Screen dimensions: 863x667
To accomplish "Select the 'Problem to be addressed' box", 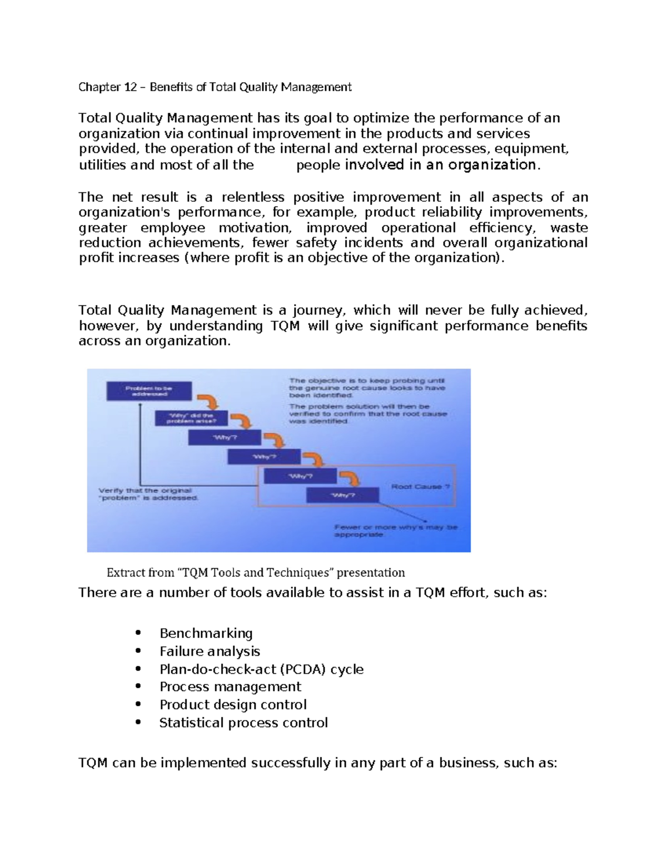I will [149, 391].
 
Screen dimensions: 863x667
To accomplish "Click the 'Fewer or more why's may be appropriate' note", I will [395, 530].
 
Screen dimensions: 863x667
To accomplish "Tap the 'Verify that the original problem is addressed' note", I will [148, 494].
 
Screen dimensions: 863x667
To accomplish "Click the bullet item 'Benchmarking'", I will [206, 633].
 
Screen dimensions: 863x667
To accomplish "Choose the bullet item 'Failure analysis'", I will [210, 651].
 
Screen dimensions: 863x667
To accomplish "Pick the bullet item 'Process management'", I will [230, 687].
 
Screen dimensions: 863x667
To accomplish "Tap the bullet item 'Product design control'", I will [233, 705].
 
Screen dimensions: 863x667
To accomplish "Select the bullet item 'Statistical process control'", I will [243, 722].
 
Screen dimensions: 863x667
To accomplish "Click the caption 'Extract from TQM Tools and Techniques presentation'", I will [255, 572].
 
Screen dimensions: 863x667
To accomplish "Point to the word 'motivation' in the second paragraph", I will [254, 228].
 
